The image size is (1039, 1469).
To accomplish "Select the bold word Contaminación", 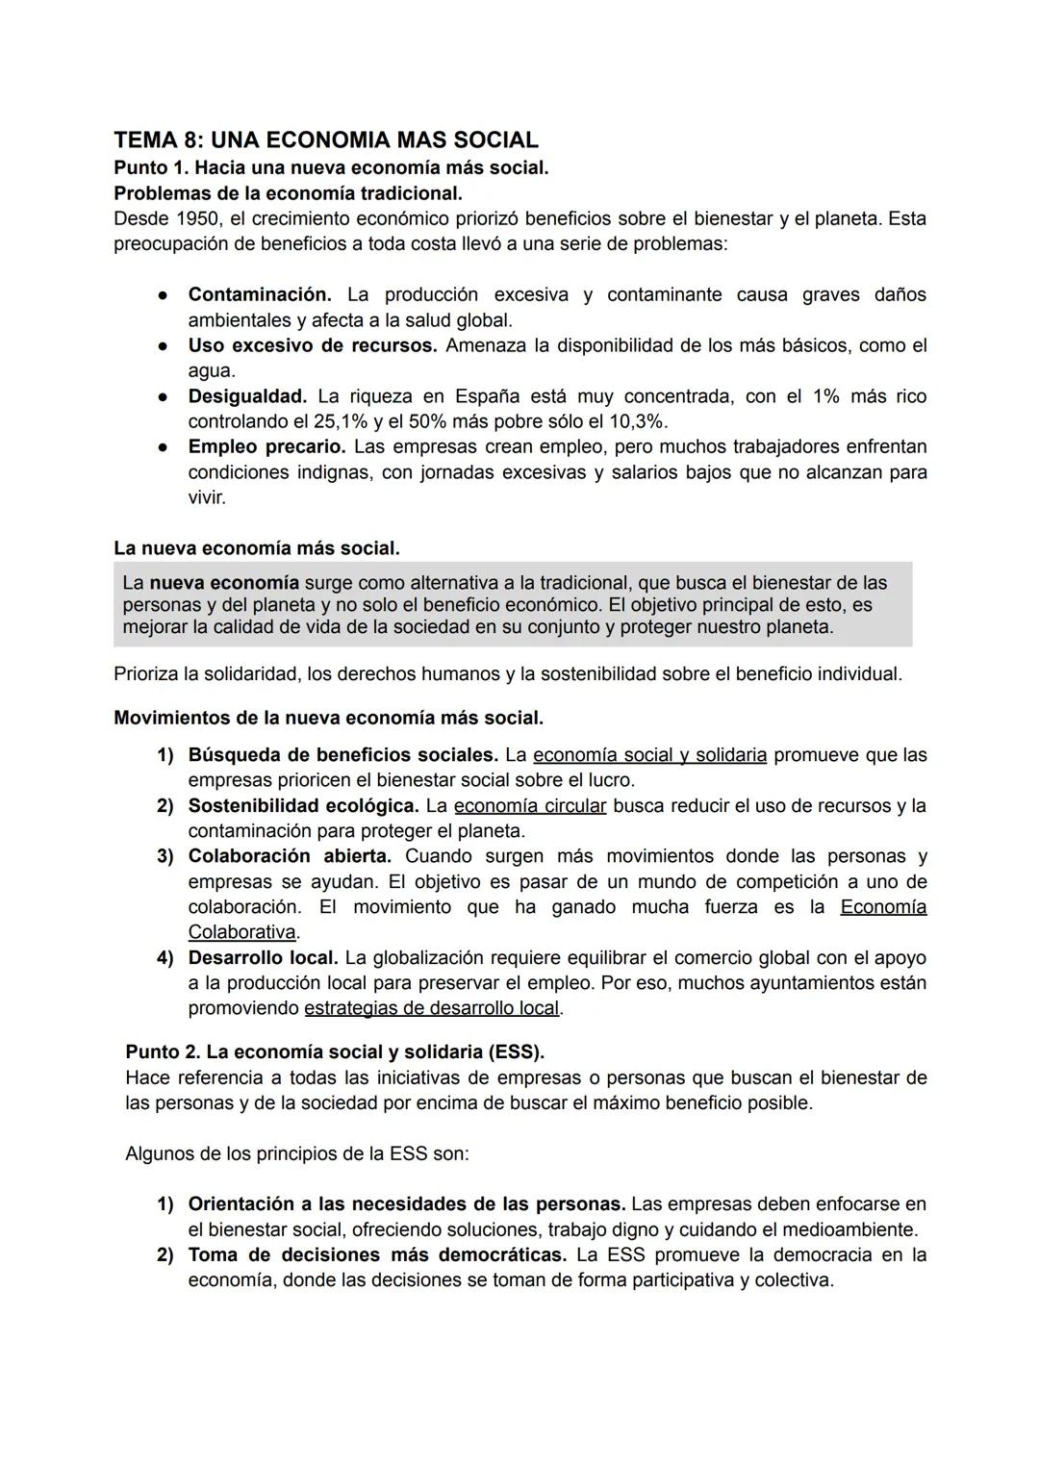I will tap(260, 294).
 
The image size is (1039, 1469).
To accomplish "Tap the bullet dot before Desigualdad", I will tap(165, 396).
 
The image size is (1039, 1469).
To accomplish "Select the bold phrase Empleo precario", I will tap(266, 446).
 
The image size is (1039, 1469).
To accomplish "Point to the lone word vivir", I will tap(207, 497).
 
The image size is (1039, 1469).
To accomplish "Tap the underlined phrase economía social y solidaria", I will tap(649, 755).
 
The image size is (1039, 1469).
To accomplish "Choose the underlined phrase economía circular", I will tap(530, 805).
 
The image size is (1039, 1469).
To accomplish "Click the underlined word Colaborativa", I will tap(241, 932).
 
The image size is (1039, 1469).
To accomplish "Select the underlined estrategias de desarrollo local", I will tap(431, 1008).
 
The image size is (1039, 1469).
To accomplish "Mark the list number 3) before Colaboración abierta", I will tap(165, 856).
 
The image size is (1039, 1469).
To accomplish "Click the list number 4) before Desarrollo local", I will tap(165, 958).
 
